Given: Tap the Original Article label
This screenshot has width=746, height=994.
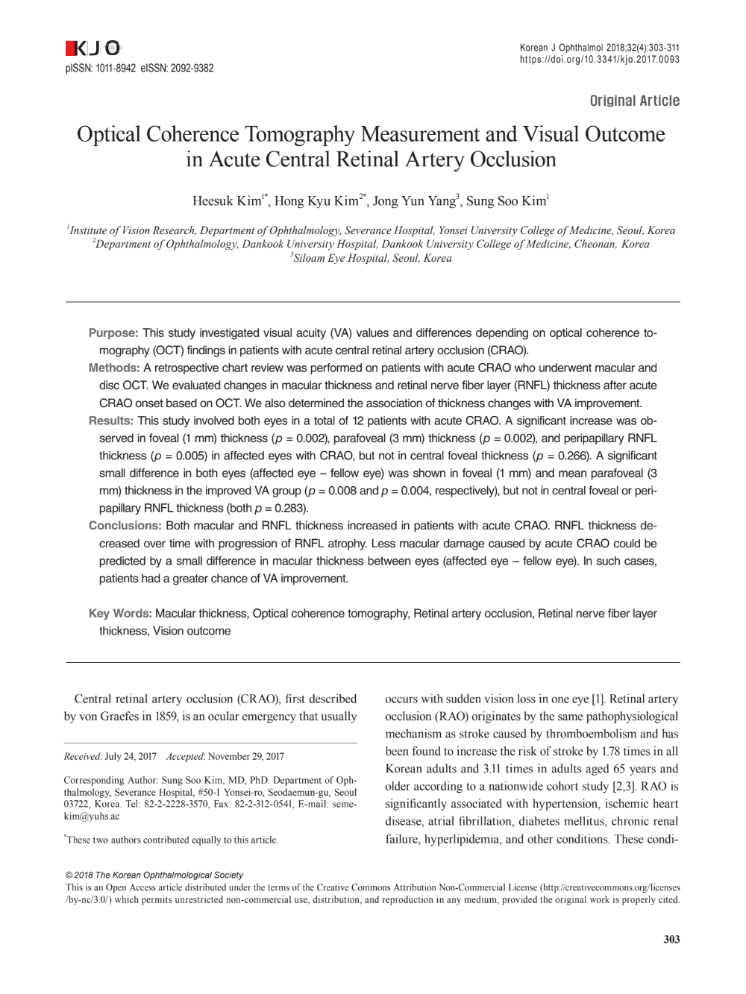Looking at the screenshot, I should pos(634,101).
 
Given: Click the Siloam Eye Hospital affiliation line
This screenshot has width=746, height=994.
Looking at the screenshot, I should pos(372,259).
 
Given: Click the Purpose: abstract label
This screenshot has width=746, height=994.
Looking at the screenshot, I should pos(113,333).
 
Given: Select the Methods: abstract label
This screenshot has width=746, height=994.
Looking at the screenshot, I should pos(114,368).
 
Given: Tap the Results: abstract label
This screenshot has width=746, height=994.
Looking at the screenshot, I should pos(111,421).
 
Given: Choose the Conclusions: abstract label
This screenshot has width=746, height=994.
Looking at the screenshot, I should pos(125,526).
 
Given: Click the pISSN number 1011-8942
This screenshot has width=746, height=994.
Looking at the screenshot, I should pos(116,69).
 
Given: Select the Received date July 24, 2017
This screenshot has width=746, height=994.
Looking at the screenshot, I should pos(131,756).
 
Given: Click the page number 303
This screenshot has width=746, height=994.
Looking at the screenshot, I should pos(671,940).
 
